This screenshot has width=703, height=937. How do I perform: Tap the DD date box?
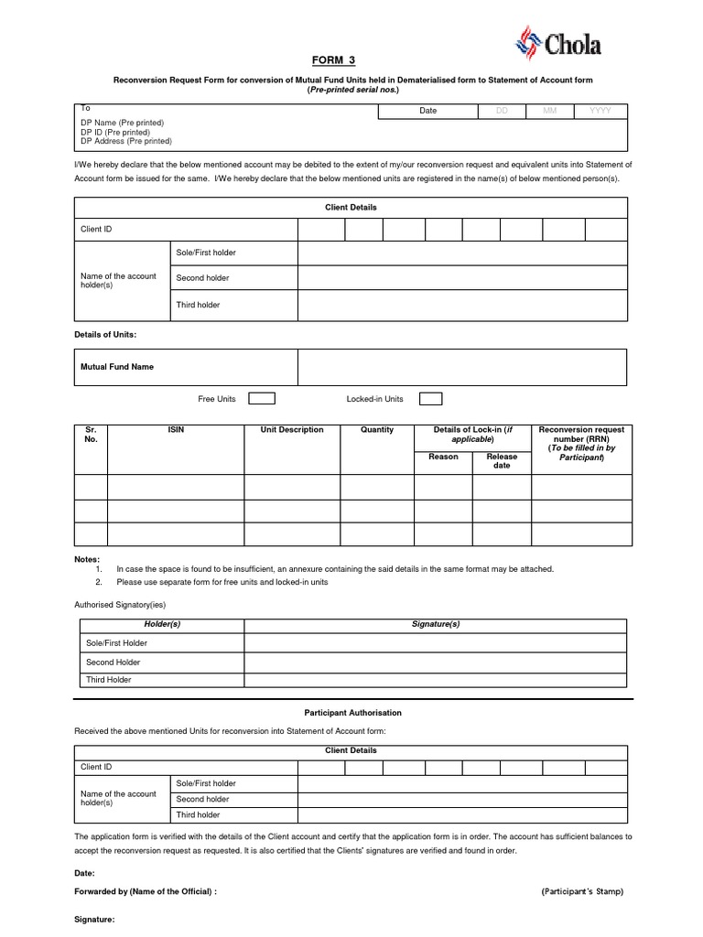[501, 111]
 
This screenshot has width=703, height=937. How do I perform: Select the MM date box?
[549, 111]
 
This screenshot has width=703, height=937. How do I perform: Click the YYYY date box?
[600, 111]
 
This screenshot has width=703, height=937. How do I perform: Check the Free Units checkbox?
[262, 399]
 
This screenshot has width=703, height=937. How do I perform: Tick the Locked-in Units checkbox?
[430, 399]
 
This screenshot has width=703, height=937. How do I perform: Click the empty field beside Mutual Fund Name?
[462, 367]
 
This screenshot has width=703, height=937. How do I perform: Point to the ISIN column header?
[176, 430]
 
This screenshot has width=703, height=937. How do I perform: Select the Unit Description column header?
[292, 430]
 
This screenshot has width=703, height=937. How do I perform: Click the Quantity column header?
[377, 430]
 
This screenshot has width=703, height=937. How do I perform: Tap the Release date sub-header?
[502, 461]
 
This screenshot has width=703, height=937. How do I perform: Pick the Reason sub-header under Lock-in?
[443, 457]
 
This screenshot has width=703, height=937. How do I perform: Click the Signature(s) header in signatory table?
[436, 624]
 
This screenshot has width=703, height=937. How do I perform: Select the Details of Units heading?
[105, 336]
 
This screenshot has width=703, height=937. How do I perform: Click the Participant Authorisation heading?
[352, 712]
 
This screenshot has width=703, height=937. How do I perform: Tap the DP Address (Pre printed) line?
[126, 142]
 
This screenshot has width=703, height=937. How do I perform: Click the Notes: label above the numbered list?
[87, 559]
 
